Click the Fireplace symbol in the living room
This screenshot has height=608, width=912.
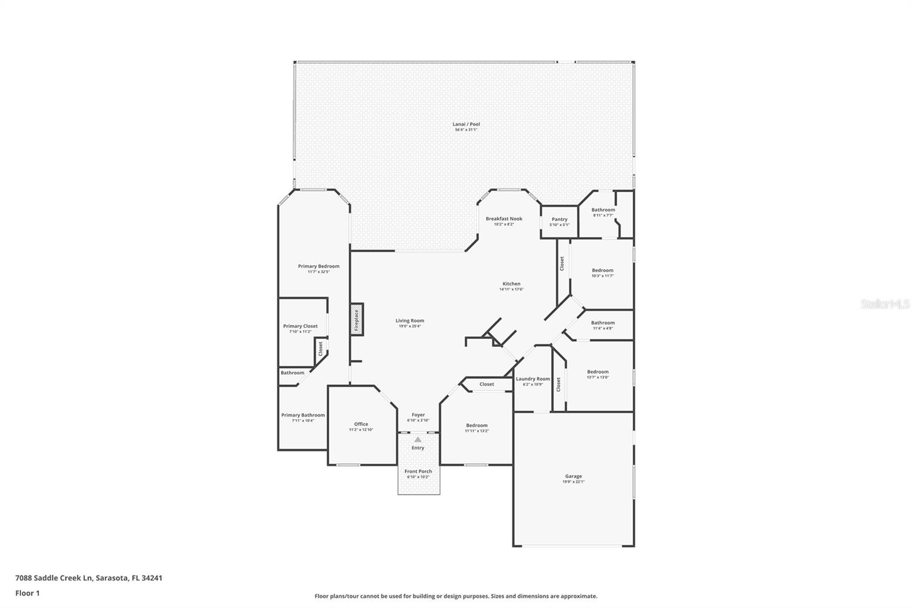(x=357, y=320)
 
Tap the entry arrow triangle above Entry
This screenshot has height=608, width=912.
(x=418, y=440)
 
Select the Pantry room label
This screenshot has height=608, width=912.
(x=559, y=219)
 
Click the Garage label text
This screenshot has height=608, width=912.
(x=573, y=476)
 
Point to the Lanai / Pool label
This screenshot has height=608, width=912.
(x=466, y=124)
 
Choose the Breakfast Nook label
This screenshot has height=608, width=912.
(x=504, y=218)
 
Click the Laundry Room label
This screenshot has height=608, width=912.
(x=533, y=379)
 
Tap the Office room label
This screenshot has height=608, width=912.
(x=361, y=424)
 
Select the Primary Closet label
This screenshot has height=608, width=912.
(x=300, y=326)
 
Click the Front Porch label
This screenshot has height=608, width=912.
(x=418, y=471)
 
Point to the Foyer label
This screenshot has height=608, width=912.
(x=418, y=415)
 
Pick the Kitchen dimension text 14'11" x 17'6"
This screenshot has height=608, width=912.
(x=511, y=289)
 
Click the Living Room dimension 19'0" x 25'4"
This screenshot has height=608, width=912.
(x=410, y=326)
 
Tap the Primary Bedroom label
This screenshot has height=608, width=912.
(x=319, y=266)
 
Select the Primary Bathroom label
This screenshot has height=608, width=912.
(x=303, y=415)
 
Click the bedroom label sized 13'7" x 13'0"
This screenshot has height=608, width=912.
(x=598, y=371)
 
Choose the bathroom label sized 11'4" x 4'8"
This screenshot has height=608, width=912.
(x=602, y=322)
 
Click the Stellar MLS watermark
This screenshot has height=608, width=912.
(x=885, y=304)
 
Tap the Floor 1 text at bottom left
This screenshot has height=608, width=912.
(x=27, y=593)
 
